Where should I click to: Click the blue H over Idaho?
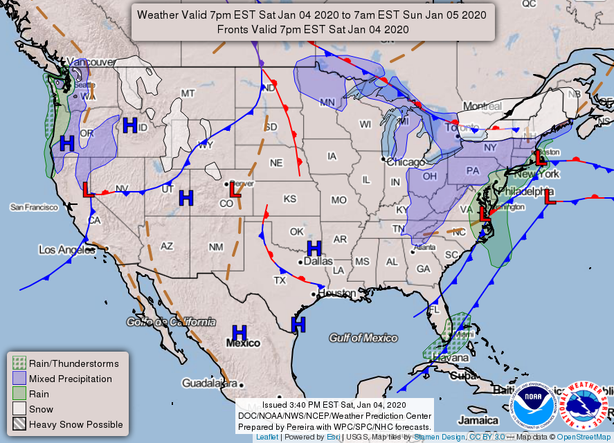click(x=129, y=125)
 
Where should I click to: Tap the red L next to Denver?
click(x=235, y=190)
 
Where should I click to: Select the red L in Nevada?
click(x=88, y=190)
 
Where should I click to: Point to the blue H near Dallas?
click(x=314, y=248)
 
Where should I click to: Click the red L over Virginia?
click(x=485, y=215)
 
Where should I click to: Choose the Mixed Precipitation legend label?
click(x=71, y=379)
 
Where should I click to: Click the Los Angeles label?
click(x=65, y=249)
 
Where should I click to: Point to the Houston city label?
click(x=336, y=293)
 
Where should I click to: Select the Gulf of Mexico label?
click(x=363, y=338)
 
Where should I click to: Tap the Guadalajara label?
click(x=209, y=383)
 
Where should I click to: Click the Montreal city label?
click(x=482, y=106)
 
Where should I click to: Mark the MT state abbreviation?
click(x=188, y=93)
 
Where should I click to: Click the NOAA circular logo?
click(x=532, y=406)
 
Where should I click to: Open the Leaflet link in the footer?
click(x=267, y=437)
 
